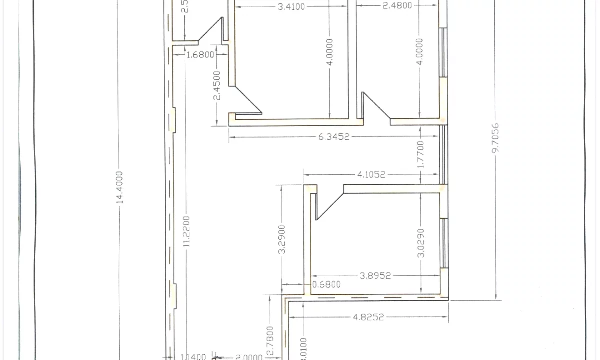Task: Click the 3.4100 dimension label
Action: click(x=292, y=7)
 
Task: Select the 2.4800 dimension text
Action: click(x=397, y=6)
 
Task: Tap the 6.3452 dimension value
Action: click(x=334, y=137)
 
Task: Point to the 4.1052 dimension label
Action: click(x=371, y=175)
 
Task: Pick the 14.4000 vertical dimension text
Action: click(x=119, y=187)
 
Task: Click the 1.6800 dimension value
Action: click(x=200, y=54)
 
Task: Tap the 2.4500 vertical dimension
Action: click(x=217, y=85)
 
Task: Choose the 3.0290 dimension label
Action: click(x=421, y=243)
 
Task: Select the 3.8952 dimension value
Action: click(x=375, y=275)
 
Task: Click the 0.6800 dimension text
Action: click(x=326, y=285)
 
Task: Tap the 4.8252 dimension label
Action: click(x=368, y=317)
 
